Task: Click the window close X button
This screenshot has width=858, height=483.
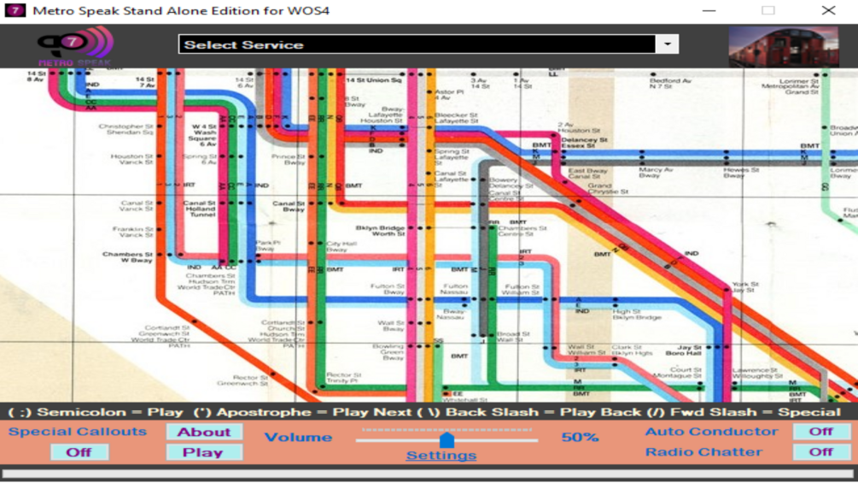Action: [x=828, y=10]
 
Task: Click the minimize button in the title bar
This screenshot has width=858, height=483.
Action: [x=709, y=10]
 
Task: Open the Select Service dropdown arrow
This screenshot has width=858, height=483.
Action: [x=667, y=44]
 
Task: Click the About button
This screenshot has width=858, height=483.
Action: [x=204, y=432]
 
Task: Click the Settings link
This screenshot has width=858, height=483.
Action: [x=441, y=455]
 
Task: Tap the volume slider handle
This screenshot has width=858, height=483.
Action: [x=447, y=439]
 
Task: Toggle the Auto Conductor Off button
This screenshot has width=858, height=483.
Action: [x=820, y=432]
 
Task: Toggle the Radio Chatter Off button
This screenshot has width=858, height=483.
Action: [x=820, y=452]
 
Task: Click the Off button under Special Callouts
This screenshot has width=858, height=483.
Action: [x=79, y=452]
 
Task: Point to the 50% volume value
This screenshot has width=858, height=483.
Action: [x=580, y=437]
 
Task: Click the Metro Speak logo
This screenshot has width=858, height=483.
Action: [x=74, y=45]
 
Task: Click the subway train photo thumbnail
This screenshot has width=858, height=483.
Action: [x=783, y=46]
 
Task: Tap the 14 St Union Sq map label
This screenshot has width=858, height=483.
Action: [x=374, y=80]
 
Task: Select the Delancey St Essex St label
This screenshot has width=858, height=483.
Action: [x=584, y=143]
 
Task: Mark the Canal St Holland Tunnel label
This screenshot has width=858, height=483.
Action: [x=200, y=209]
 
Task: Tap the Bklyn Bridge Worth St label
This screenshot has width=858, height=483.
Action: [x=380, y=231]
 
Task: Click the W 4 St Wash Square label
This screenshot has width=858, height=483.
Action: [x=204, y=135]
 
